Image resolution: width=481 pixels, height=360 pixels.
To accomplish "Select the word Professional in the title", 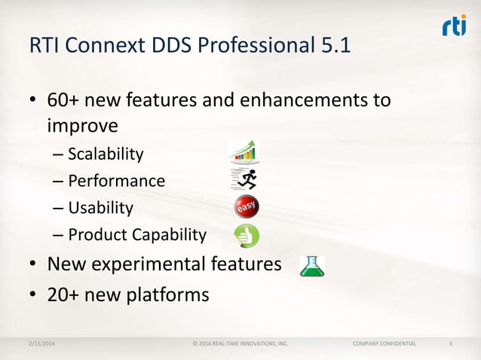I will tap(252, 47).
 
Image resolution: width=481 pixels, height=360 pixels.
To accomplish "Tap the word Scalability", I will tap(106, 154).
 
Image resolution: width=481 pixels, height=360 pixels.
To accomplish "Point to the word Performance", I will tap(116, 181).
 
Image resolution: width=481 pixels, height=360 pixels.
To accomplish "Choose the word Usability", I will tap(100, 207).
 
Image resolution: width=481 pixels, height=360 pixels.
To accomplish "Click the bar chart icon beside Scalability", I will tap(244, 152).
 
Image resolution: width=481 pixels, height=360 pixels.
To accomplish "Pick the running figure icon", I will tap(244, 179).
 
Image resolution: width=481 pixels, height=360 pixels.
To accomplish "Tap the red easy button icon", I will tap(246, 207).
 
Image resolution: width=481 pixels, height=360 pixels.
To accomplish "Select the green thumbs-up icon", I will tap(246, 235).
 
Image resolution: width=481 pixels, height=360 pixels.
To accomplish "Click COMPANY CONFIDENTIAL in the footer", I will tap(384, 344).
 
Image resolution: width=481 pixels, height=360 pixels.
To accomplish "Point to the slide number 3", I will tap(450, 344).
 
